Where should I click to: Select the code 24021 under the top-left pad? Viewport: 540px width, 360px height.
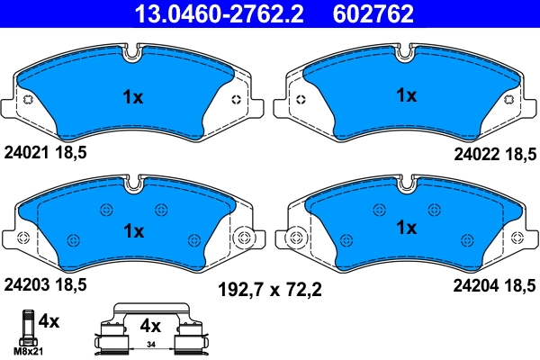28,153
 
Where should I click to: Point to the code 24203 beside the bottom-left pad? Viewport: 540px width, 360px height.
28,285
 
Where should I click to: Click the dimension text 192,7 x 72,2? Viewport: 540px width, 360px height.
271,290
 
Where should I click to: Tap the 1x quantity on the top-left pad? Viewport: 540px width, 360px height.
132,97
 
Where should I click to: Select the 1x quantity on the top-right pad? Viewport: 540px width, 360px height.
407,95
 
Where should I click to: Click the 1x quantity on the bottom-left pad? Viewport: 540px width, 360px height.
133,230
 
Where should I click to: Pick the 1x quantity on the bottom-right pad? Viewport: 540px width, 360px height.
407,229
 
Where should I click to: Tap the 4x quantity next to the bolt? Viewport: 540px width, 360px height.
50,321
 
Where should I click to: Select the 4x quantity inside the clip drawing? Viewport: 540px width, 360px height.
148,327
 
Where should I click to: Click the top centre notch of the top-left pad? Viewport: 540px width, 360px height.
133,52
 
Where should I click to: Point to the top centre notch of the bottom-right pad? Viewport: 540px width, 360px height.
407,185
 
